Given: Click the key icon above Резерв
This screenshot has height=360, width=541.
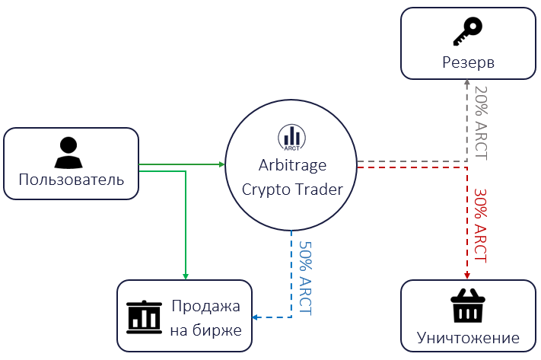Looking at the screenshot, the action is [467, 31].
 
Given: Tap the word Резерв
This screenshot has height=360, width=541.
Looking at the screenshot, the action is [468, 63].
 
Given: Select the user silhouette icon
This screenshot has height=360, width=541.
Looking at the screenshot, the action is [68, 152].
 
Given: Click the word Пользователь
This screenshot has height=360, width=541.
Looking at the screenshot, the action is [72, 180].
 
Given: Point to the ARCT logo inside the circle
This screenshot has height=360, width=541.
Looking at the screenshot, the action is [292, 138].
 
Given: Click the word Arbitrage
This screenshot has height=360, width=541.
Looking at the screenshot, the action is [293, 165].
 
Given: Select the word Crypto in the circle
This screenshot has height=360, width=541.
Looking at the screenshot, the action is [265, 190].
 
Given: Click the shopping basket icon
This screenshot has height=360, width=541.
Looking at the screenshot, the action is [468, 305].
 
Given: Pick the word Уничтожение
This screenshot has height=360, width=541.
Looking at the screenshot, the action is [468, 338].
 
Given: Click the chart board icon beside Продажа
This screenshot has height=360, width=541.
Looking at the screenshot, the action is [144, 317].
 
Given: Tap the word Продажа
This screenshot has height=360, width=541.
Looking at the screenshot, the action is [205, 306].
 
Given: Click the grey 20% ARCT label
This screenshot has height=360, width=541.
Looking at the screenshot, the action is [482, 123].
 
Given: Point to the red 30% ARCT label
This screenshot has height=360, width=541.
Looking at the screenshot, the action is [480, 225].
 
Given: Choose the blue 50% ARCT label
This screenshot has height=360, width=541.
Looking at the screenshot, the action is [305, 278].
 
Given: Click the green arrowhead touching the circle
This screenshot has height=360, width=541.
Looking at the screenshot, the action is [222, 164].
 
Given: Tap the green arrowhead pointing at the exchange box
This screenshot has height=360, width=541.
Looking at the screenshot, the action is [186, 276].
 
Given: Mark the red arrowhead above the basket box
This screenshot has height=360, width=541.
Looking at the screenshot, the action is [467, 276].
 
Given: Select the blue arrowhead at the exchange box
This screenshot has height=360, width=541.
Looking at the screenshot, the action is [255, 317].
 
